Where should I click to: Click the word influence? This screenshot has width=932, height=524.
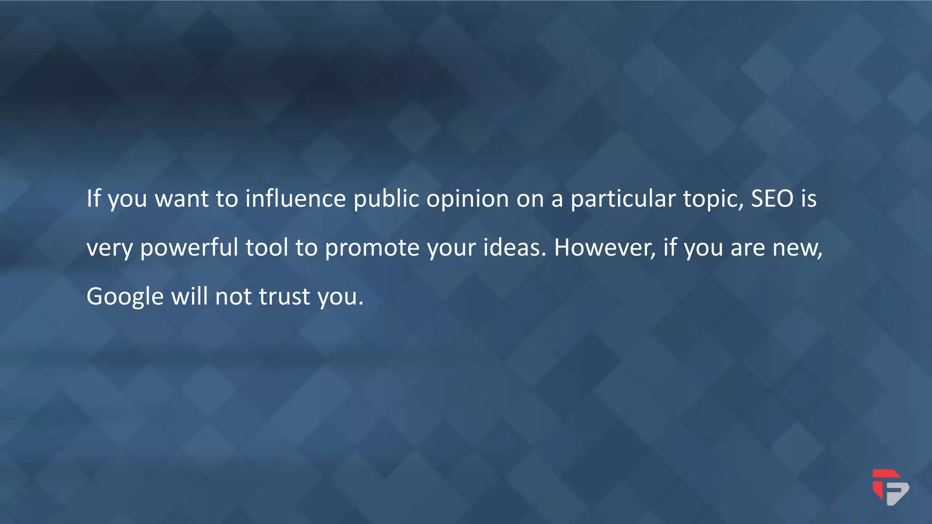click(x=295, y=199)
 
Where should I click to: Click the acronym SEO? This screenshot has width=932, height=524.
click(x=772, y=199)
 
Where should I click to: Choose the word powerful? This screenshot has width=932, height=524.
click(x=189, y=248)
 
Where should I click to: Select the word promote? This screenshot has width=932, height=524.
click(x=372, y=248)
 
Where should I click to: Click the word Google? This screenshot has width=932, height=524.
click(x=125, y=297)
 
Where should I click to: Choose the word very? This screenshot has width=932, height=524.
click(x=109, y=248)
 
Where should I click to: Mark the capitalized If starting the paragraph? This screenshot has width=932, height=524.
click(x=93, y=199)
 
